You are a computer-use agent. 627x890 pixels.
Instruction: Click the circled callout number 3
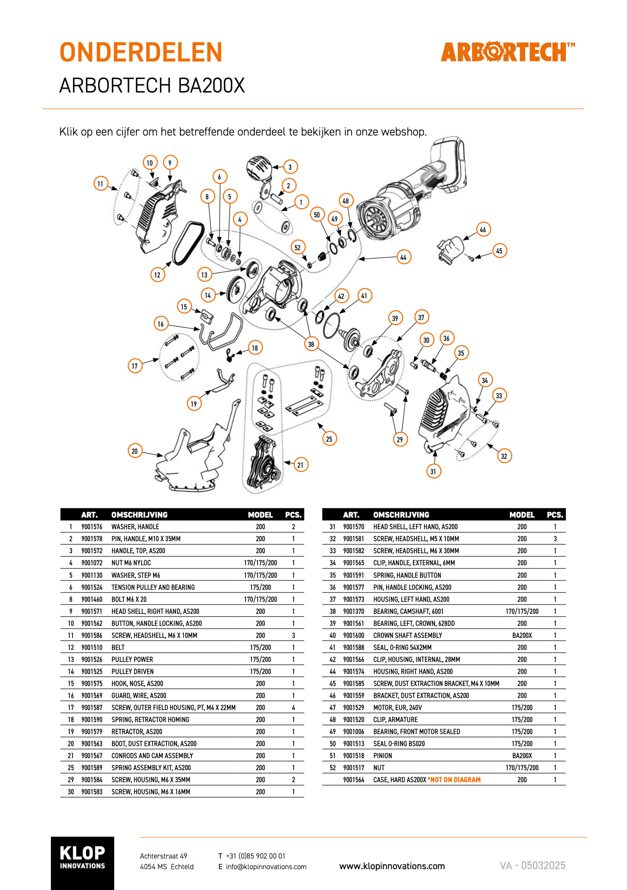pyautogui.click(x=290, y=167)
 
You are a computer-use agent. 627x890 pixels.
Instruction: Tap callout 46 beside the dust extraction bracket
pyautogui.click(x=483, y=229)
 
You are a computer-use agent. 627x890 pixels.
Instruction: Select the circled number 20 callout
pyautogui.click(x=135, y=451)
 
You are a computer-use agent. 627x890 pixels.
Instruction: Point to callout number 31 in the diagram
pyautogui.click(x=433, y=471)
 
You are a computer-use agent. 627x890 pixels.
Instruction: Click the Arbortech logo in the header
pyautogui.click(x=508, y=52)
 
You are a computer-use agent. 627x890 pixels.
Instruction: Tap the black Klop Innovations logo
pyautogui.click(x=82, y=863)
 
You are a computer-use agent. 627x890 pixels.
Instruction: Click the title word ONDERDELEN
pyautogui.click(x=141, y=52)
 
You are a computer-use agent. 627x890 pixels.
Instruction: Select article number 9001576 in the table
pyautogui.click(x=92, y=527)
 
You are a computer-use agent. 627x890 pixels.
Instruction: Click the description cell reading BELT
pyautogui.click(x=118, y=648)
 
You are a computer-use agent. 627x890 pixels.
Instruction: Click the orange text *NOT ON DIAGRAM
pyautogui.click(x=455, y=780)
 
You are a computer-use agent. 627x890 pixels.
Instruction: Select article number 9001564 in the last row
pyautogui.click(x=354, y=780)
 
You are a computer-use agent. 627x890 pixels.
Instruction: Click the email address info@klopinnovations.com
pyautogui.click(x=266, y=867)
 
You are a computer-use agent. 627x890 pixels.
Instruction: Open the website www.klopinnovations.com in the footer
pyautogui.click(x=392, y=866)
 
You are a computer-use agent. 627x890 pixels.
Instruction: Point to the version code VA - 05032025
pyautogui.click(x=533, y=865)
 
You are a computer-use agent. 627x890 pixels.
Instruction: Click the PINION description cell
pyautogui.click(x=382, y=756)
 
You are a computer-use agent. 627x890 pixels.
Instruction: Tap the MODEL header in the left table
pyautogui.click(x=260, y=515)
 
